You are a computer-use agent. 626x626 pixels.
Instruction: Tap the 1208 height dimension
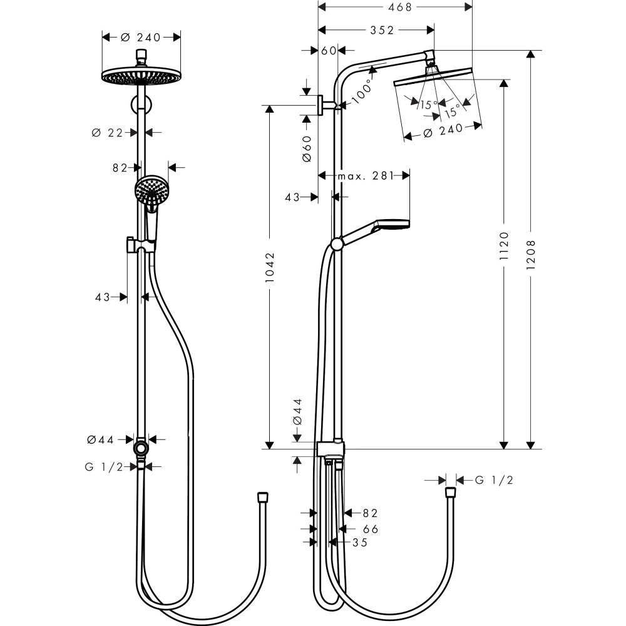531,250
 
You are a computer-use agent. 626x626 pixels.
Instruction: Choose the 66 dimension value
371,529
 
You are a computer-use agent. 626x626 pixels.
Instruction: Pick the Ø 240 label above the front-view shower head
141,37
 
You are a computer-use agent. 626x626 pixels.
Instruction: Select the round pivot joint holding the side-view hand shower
337,244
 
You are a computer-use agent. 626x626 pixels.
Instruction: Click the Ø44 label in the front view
101,439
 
